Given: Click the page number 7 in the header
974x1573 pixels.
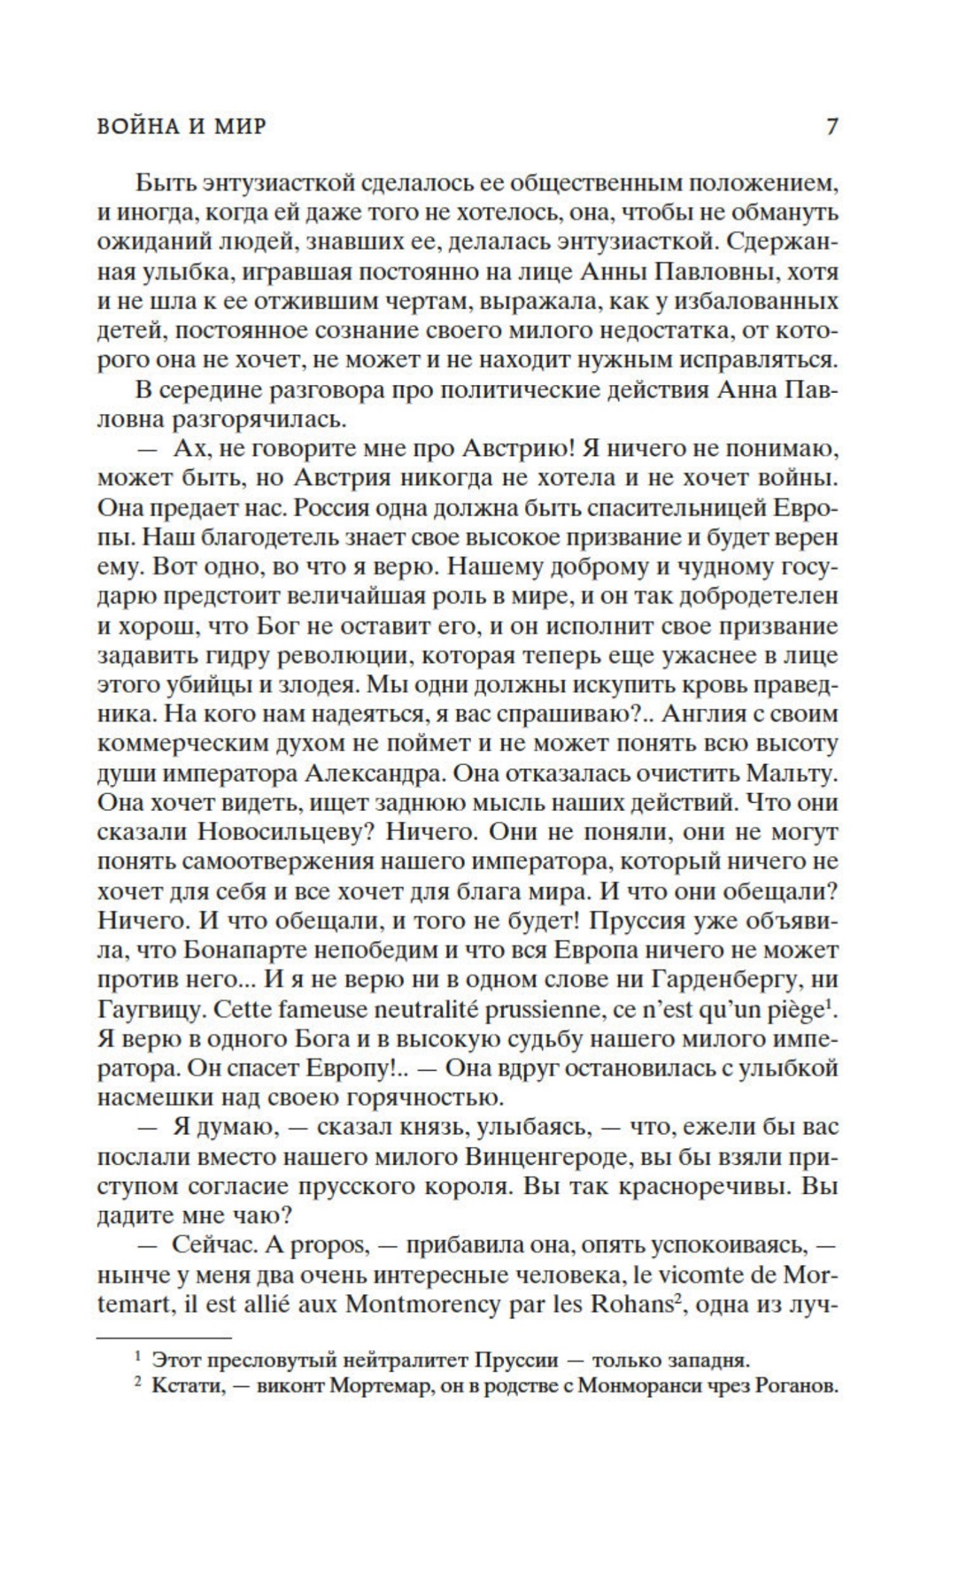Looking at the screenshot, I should click(x=831, y=127).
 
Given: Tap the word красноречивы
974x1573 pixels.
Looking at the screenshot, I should click(x=687, y=1186).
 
